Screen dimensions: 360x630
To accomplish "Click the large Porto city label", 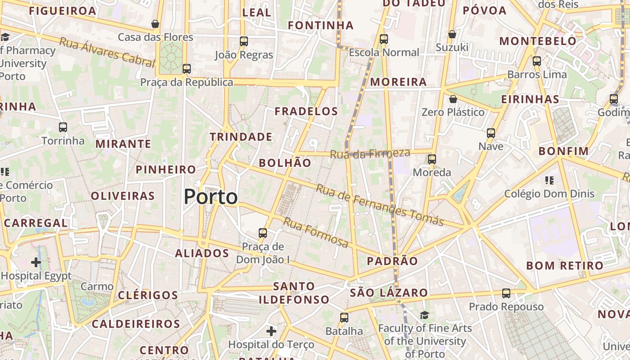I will pos(211,197).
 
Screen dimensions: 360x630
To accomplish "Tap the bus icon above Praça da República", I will pos(187,69).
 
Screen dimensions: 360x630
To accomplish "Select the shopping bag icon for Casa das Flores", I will pos(155,24).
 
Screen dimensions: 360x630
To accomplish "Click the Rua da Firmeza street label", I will pos(370,153).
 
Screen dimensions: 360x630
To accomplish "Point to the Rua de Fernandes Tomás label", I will pos(379,205).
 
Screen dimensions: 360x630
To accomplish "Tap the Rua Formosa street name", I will pos(315,233).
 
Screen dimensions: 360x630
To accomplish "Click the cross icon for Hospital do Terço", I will pos(271,332).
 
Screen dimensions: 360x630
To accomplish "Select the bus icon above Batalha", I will pos(344,318).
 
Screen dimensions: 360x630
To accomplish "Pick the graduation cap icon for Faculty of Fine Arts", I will pos(424,315).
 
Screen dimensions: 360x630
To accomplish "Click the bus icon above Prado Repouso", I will pos(506,293).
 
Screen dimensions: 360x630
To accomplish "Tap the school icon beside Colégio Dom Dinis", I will pos(549,180).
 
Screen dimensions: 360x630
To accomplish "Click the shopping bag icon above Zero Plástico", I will pos(453,99).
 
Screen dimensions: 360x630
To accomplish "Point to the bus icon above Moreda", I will pos(432,159).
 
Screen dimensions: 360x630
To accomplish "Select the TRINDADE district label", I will pos(241,137).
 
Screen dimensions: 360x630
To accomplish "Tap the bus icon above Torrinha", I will pos(63,127).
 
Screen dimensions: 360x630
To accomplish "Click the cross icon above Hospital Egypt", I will pos(36,262).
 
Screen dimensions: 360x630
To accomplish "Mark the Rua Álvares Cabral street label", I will pos(107,52).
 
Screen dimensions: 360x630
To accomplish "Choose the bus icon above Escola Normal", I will pos(384,39).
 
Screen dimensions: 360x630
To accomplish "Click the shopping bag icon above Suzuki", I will pos(452,34).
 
